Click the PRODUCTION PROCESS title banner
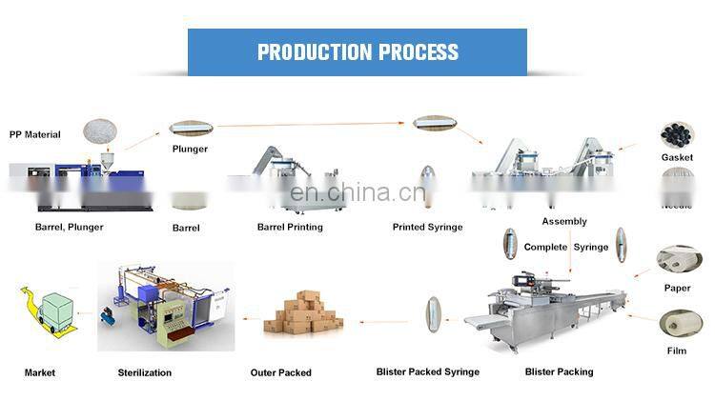click(x=357, y=51)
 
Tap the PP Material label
click(x=35, y=134)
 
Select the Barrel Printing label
click(x=290, y=227)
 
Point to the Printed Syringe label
click(x=427, y=227)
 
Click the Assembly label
click(x=564, y=221)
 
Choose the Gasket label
click(x=677, y=157)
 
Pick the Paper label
click(x=677, y=287)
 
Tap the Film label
click(x=677, y=351)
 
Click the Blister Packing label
click(x=559, y=371)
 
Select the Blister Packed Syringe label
click(x=427, y=371)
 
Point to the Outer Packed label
click(x=280, y=372)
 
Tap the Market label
click(x=39, y=372)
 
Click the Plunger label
click(x=190, y=149)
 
